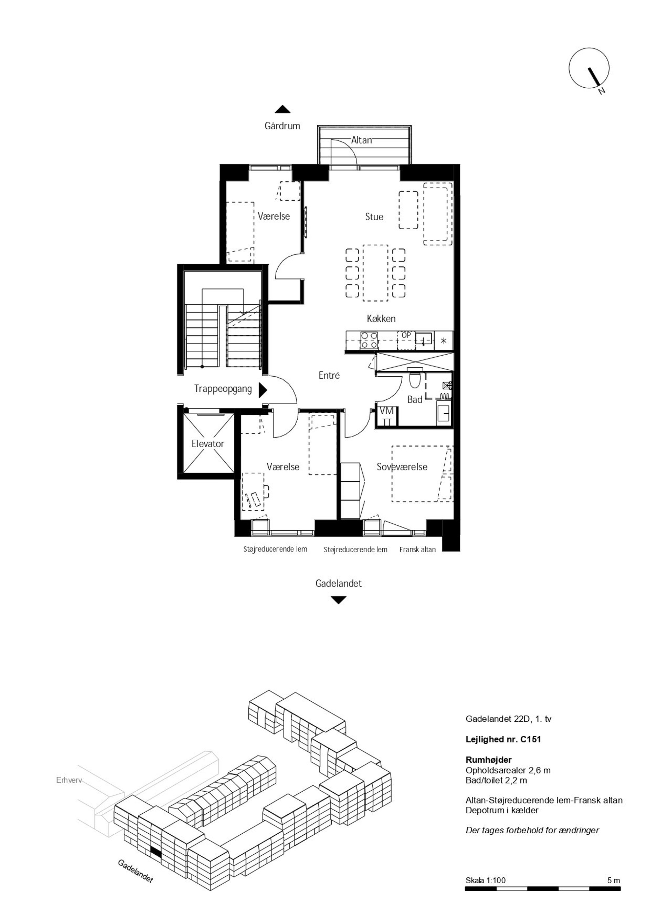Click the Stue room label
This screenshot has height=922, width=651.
click(x=374, y=217)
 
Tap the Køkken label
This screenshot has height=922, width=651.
click(x=381, y=318)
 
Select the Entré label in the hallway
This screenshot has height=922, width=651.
click(x=329, y=376)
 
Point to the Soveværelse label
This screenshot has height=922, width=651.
click(x=402, y=467)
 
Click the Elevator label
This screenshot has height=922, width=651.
click(x=207, y=444)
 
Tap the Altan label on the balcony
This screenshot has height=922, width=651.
click(x=361, y=140)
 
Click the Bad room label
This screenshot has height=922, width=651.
click(x=415, y=400)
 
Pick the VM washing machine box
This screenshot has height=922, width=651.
click(x=387, y=416)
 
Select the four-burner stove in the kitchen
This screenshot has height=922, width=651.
click(x=369, y=340)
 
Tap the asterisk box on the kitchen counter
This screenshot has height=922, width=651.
click(x=444, y=340)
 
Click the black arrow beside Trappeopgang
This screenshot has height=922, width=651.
click(x=263, y=389)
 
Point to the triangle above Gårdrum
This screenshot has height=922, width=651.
click(x=283, y=109)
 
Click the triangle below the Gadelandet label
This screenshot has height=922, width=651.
click(x=339, y=600)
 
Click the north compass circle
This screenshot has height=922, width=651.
click(x=589, y=68)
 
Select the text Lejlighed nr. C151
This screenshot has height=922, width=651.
click(x=503, y=739)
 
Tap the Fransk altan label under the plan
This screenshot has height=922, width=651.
click(x=417, y=550)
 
